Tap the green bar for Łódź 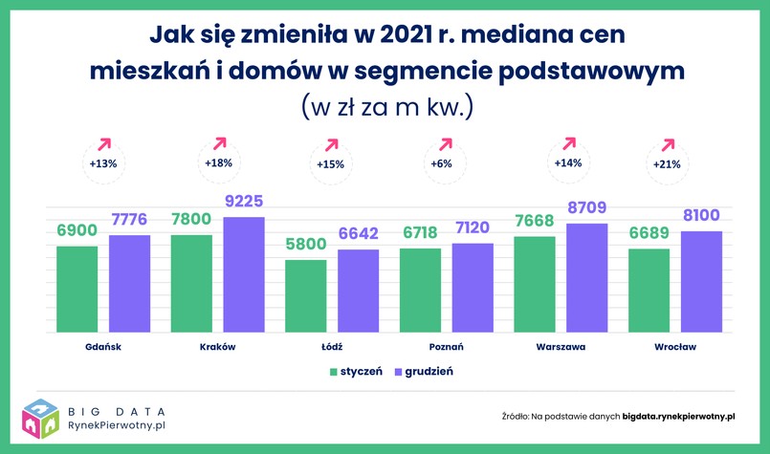(306, 295)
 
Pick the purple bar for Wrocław (701, 281)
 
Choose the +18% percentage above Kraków (219, 162)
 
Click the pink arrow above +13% (104, 143)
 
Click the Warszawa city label (561, 347)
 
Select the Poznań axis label (446, 347)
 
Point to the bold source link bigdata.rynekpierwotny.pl (679, 417)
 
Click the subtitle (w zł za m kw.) (386, 104)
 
